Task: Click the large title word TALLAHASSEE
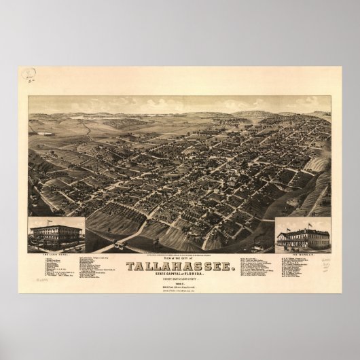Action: click(180, 247)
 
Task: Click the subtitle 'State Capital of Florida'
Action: click(180, 257)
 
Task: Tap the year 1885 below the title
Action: click(180, 267)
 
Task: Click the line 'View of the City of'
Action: click(180, 239)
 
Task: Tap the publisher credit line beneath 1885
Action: click(180, 272)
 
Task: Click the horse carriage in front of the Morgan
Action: click(286, 248)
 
